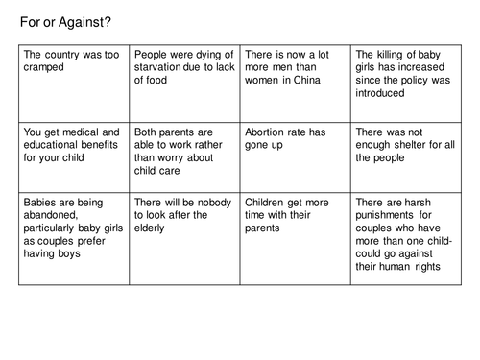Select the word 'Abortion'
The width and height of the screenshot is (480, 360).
click(x=268, y=132)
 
